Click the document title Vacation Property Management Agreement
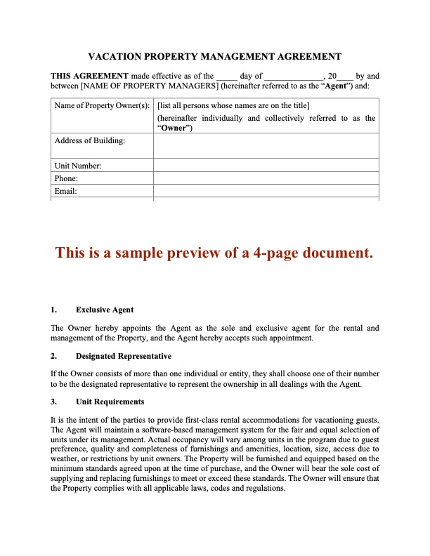tap(215, 56)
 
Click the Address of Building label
tap(90, 140)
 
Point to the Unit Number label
tap(78, 166)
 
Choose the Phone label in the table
tap(66, 178)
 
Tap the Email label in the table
tap(65, 191)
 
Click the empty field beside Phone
tap(266, 178)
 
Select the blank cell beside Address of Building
tap(266, 145)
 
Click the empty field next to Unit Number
tap(266, 166)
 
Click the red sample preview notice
tap(214, 253)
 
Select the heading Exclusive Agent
tap(105, 310)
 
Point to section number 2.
tap(53, 356)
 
